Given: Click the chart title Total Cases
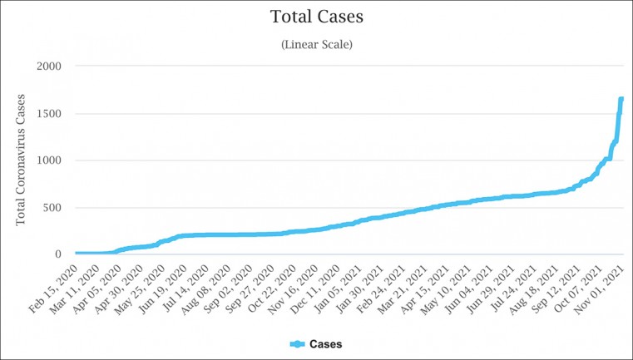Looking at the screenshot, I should (316, 16).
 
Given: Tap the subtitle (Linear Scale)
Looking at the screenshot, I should (316, 44).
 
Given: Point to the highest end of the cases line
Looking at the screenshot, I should (621, 99).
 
